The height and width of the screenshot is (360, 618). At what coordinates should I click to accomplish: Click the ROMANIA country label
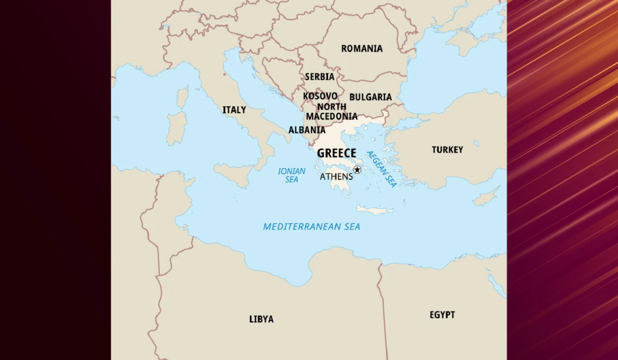(362, 49)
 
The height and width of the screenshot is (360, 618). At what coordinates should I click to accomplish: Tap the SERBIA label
(320, 77)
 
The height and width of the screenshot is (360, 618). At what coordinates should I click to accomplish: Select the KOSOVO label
(320, 96)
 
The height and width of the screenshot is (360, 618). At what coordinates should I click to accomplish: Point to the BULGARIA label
(370, 97)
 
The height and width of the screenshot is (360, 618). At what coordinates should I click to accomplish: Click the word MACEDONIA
(332, 116)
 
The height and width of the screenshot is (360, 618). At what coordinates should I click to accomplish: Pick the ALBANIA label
(307, 130)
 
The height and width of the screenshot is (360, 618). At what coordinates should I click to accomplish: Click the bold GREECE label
(337, 153)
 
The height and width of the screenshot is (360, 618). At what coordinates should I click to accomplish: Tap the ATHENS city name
(336, 177)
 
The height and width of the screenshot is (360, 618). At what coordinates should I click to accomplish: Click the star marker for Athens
(357, 170)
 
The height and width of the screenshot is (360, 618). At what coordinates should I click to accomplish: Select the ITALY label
(234, 110)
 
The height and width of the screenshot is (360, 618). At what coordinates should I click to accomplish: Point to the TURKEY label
(447, 150)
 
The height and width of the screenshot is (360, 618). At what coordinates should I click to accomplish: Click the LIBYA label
(261, 319)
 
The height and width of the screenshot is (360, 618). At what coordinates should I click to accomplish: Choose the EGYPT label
(442, 315)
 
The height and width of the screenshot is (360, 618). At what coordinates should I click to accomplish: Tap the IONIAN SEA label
(292, 175)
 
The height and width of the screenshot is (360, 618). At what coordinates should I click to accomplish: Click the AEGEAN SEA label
(382, 169)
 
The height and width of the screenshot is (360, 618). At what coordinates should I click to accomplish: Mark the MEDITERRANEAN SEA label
(311, 227)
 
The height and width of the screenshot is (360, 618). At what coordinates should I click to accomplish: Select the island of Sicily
(235, 173)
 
